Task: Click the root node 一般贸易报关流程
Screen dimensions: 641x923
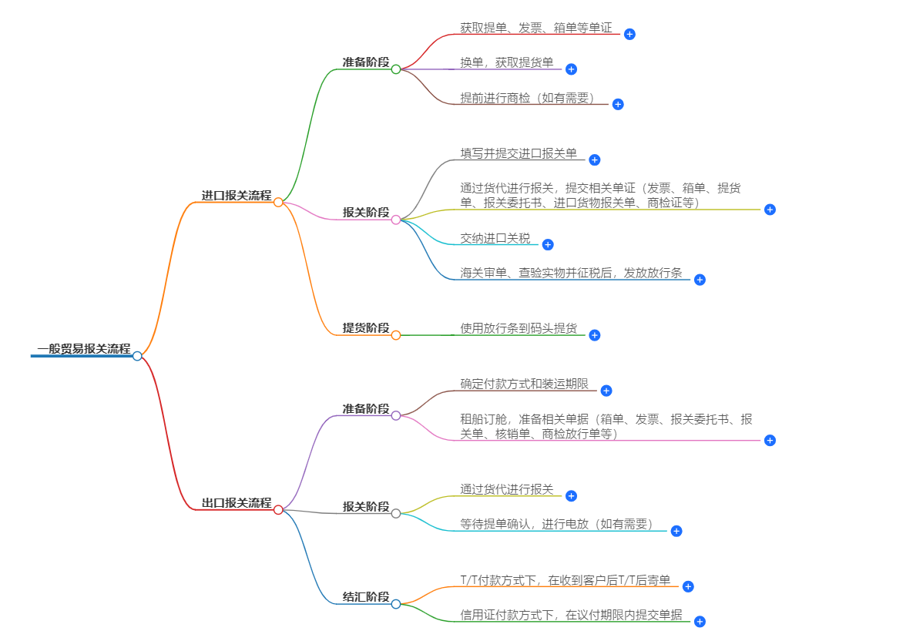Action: pos(83,349)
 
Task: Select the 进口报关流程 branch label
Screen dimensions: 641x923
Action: pos(237,196)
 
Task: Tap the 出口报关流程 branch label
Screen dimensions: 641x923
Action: pos(237,503)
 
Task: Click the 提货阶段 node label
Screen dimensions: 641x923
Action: pos(366,328)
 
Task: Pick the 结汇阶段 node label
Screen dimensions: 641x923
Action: pos(366,597)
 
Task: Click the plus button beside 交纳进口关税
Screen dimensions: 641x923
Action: pos(548,244)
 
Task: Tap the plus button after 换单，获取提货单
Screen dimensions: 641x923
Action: pos(571,69)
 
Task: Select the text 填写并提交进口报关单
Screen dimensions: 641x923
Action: pos(519,153)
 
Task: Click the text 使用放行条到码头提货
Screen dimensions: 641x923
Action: pos(519,328)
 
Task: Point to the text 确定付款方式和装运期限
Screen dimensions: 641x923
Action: pos(525,384)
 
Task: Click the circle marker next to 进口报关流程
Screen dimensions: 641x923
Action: pos(278,202)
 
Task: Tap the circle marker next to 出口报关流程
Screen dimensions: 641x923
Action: pos(278,509)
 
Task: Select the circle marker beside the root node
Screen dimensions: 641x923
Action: pos(137,356)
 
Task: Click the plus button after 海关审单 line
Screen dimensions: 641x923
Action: pos(700,280)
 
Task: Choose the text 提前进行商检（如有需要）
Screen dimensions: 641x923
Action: pos(530,98)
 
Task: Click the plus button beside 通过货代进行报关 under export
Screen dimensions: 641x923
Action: pos(571,495)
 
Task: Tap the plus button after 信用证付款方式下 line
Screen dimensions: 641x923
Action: pos(700,621)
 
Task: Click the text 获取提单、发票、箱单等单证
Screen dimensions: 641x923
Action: pos(536,28)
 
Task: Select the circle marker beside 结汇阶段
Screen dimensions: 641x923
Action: pos(396,604)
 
